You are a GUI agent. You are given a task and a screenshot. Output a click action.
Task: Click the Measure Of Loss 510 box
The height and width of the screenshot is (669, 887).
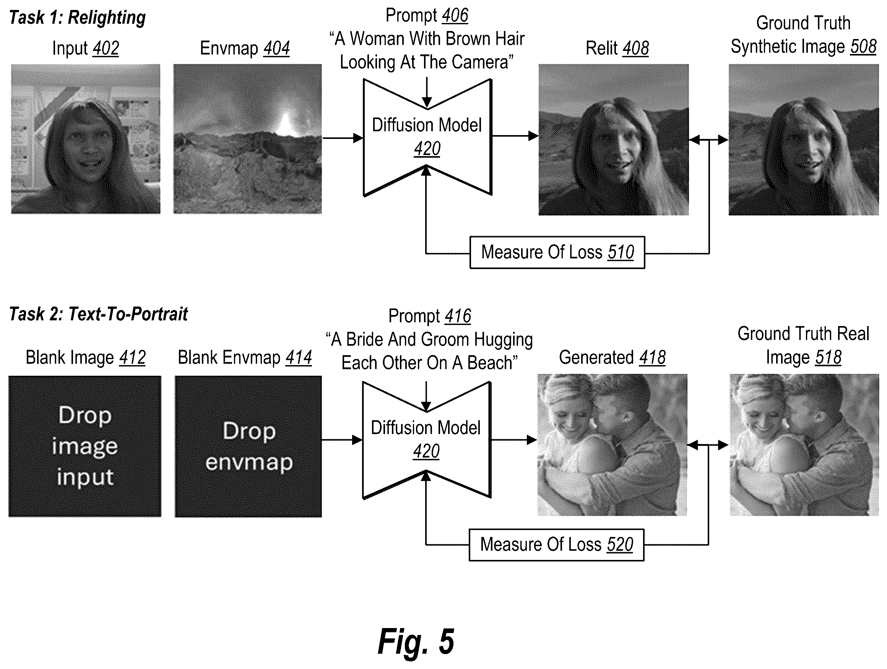557,253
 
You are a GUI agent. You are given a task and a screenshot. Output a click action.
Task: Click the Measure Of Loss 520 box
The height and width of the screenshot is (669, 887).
556,545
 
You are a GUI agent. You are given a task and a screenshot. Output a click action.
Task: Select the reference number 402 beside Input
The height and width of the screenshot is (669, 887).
106,49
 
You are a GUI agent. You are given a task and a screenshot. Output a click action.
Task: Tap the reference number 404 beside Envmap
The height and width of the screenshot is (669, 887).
277,49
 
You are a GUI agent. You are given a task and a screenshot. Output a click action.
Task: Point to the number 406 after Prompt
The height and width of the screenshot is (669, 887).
455,15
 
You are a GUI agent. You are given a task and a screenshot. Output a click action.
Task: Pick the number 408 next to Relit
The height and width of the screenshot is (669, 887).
635,49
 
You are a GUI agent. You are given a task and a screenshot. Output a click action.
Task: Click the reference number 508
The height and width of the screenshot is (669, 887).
863,47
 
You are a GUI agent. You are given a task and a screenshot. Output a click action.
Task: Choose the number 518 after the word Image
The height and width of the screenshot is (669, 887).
828,357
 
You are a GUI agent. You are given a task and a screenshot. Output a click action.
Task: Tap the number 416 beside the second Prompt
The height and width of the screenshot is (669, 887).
458,316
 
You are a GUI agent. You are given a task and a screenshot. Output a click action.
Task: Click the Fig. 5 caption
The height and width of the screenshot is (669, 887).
416,641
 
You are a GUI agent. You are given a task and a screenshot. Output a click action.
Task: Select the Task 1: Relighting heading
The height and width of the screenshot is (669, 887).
77,18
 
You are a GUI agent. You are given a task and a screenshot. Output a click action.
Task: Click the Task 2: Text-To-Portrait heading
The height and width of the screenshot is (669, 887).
98,314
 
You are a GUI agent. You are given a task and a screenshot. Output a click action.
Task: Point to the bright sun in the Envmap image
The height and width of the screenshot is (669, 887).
286,124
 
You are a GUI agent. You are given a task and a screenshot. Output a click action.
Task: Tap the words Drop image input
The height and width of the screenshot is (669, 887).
85,446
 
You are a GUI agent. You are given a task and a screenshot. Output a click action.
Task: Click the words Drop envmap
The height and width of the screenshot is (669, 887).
249,447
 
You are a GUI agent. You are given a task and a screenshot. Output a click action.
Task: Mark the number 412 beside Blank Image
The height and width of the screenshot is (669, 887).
132,357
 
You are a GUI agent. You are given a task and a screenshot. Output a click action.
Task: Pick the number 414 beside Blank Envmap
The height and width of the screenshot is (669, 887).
299,357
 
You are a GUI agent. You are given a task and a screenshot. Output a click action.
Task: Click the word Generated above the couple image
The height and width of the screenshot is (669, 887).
597,357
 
